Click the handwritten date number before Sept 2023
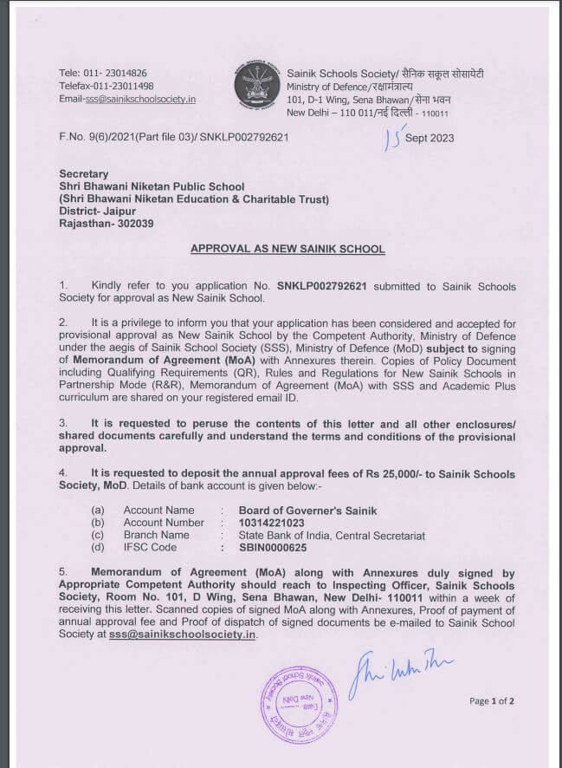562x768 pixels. pos(395,136)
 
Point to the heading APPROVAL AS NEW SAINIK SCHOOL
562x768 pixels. pos(287,249)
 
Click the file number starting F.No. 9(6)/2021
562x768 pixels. pos(173,137)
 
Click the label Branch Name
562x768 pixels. pos(156,536)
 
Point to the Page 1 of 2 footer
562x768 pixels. pos(492,700)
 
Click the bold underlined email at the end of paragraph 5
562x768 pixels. pos(183,635)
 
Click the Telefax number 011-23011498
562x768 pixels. pos(119,86)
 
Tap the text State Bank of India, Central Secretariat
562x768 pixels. pos(333,536)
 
